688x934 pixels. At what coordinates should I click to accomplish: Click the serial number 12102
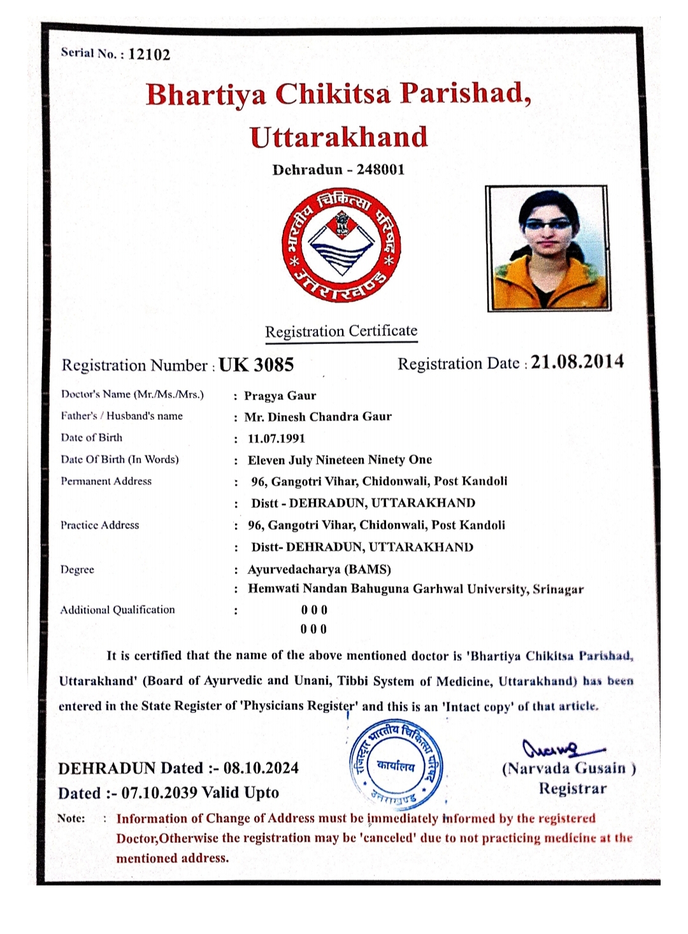[149, 54]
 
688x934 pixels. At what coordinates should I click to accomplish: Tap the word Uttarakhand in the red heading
[338, 138]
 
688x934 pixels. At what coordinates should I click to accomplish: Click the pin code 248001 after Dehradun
[380, 169]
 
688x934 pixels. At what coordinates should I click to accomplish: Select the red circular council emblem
[341, 247]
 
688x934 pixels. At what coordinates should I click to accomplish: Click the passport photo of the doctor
[547, 248]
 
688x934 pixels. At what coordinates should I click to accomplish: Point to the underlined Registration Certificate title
[341, 331]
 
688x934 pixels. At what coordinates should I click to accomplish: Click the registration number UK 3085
[256, 365]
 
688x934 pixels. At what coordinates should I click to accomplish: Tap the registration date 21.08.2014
[577, 362]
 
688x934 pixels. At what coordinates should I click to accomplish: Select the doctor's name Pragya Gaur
[280, 396]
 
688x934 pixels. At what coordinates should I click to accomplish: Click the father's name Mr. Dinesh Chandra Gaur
[318, 417]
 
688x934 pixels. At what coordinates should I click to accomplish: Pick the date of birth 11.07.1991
[276, 438]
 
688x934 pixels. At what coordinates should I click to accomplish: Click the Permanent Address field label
[106, 481]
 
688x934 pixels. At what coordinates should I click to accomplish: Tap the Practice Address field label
[100, 525]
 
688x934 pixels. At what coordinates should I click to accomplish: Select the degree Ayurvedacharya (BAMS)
[319, 569]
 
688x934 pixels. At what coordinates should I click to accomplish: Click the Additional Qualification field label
[118, 610]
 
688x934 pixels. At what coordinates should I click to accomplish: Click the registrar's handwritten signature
[561, 748]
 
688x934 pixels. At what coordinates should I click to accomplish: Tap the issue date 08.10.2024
[261, 768]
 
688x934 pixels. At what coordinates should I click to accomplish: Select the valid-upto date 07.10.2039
[159, 793]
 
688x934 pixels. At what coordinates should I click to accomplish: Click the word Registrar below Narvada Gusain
[573, 789]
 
